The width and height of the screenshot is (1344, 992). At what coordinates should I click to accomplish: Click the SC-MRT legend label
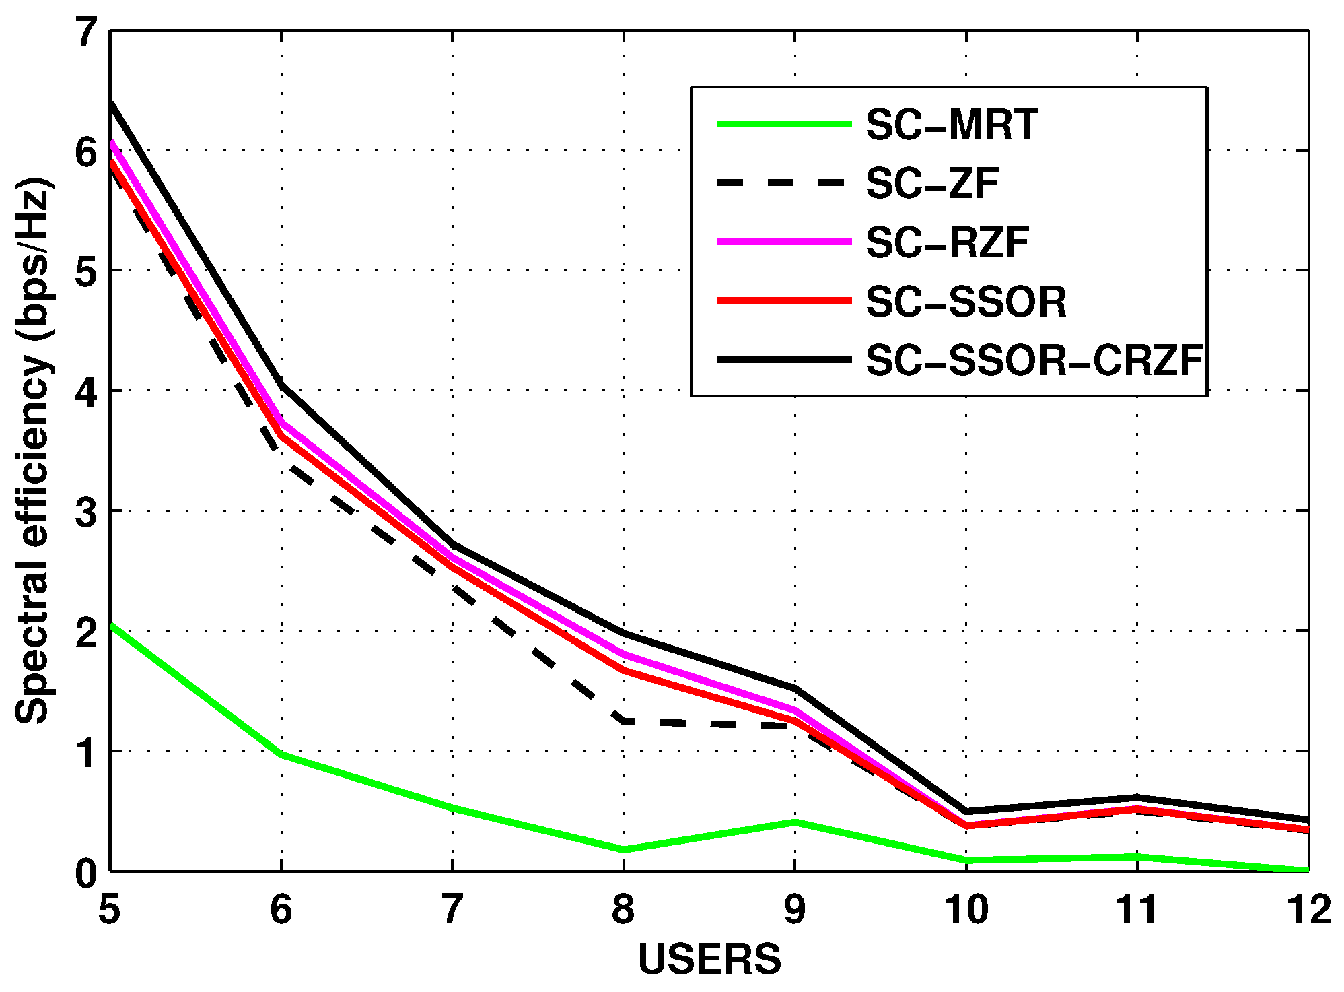[x=951, y=125]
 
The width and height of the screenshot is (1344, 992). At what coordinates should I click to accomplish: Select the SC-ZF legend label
[x=932, y=183]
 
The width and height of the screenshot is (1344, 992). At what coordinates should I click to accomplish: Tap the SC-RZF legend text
[x=947, y=242]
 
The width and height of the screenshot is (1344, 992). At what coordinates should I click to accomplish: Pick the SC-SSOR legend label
[x=966, y=302]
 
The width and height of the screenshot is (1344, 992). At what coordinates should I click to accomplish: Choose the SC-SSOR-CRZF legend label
[x=1034, y=361]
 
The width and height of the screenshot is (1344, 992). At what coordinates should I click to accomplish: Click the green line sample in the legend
[x=784, y=124]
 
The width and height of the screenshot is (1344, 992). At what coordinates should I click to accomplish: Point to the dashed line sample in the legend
[x=784, y=183]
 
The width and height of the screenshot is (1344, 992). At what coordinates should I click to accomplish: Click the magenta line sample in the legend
[x=784, y=242]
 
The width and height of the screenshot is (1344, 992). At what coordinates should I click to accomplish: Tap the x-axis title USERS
[x=709, y=959]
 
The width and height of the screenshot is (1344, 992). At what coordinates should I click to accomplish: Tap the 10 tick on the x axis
[x=966, y=910]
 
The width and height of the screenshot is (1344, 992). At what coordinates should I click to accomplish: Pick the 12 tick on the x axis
[x=1308, y=910]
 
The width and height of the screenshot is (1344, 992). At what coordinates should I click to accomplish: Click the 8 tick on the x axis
[x=623, y=910]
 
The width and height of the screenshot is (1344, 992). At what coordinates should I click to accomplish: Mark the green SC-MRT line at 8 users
[x=624, y=849]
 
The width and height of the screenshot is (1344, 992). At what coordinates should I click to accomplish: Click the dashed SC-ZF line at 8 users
[x=625, y=721]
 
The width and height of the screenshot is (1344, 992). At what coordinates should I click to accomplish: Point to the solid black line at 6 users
[x=281, y=385]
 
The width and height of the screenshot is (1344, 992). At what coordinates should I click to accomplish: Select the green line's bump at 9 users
[x=795, y=822]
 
